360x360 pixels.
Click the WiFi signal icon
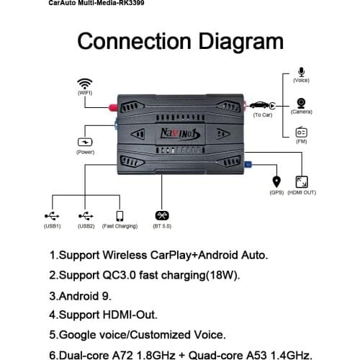[85, 83]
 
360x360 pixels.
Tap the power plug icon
[85, 142]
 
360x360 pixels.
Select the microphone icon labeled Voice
[301, 73]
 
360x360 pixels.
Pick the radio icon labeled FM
[301, 132]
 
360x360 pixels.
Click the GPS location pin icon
[276, 181]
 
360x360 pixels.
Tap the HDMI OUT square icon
[301, 182]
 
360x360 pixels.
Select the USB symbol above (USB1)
[52, 215]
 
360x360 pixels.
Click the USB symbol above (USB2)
[86, 215]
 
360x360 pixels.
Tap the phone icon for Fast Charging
[120, 215]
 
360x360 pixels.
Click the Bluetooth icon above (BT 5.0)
[161, 215]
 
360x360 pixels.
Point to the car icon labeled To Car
[262, 106]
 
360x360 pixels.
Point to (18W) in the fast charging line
[220, 275]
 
